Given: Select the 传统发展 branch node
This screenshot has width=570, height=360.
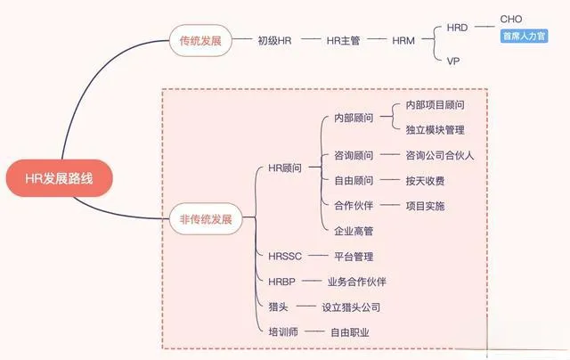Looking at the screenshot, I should click(x=200, y=40).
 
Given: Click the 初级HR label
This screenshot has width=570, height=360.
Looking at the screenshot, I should click(x=274, y=40).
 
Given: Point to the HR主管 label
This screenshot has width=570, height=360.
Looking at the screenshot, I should click(x=343, y=40).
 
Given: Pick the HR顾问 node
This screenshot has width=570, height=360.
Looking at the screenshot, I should click(x=285, y=168).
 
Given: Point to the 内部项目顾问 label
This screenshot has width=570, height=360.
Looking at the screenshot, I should click(x=435, y=104).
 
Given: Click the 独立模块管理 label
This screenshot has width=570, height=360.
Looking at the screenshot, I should click(x=435, y=130).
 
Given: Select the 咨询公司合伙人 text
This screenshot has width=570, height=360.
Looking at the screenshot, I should click(x=439, y=155).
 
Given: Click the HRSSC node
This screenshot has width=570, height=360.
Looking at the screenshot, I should click(x=286, y=257).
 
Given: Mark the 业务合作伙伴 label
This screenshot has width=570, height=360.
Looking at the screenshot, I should click(x=357, y=282).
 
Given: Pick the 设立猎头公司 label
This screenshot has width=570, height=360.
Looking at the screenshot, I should click(x=351, y=307).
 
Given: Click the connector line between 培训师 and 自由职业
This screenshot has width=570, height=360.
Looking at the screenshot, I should click(x=312, y=331).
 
